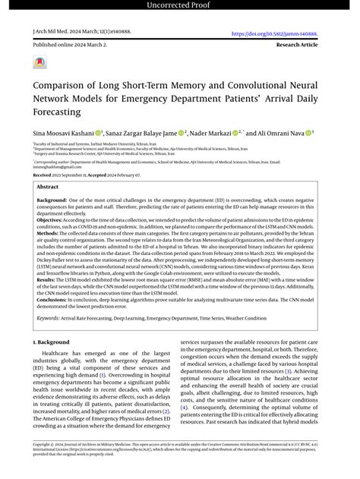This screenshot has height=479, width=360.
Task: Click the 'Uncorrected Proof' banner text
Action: click(x=180, y=7)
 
